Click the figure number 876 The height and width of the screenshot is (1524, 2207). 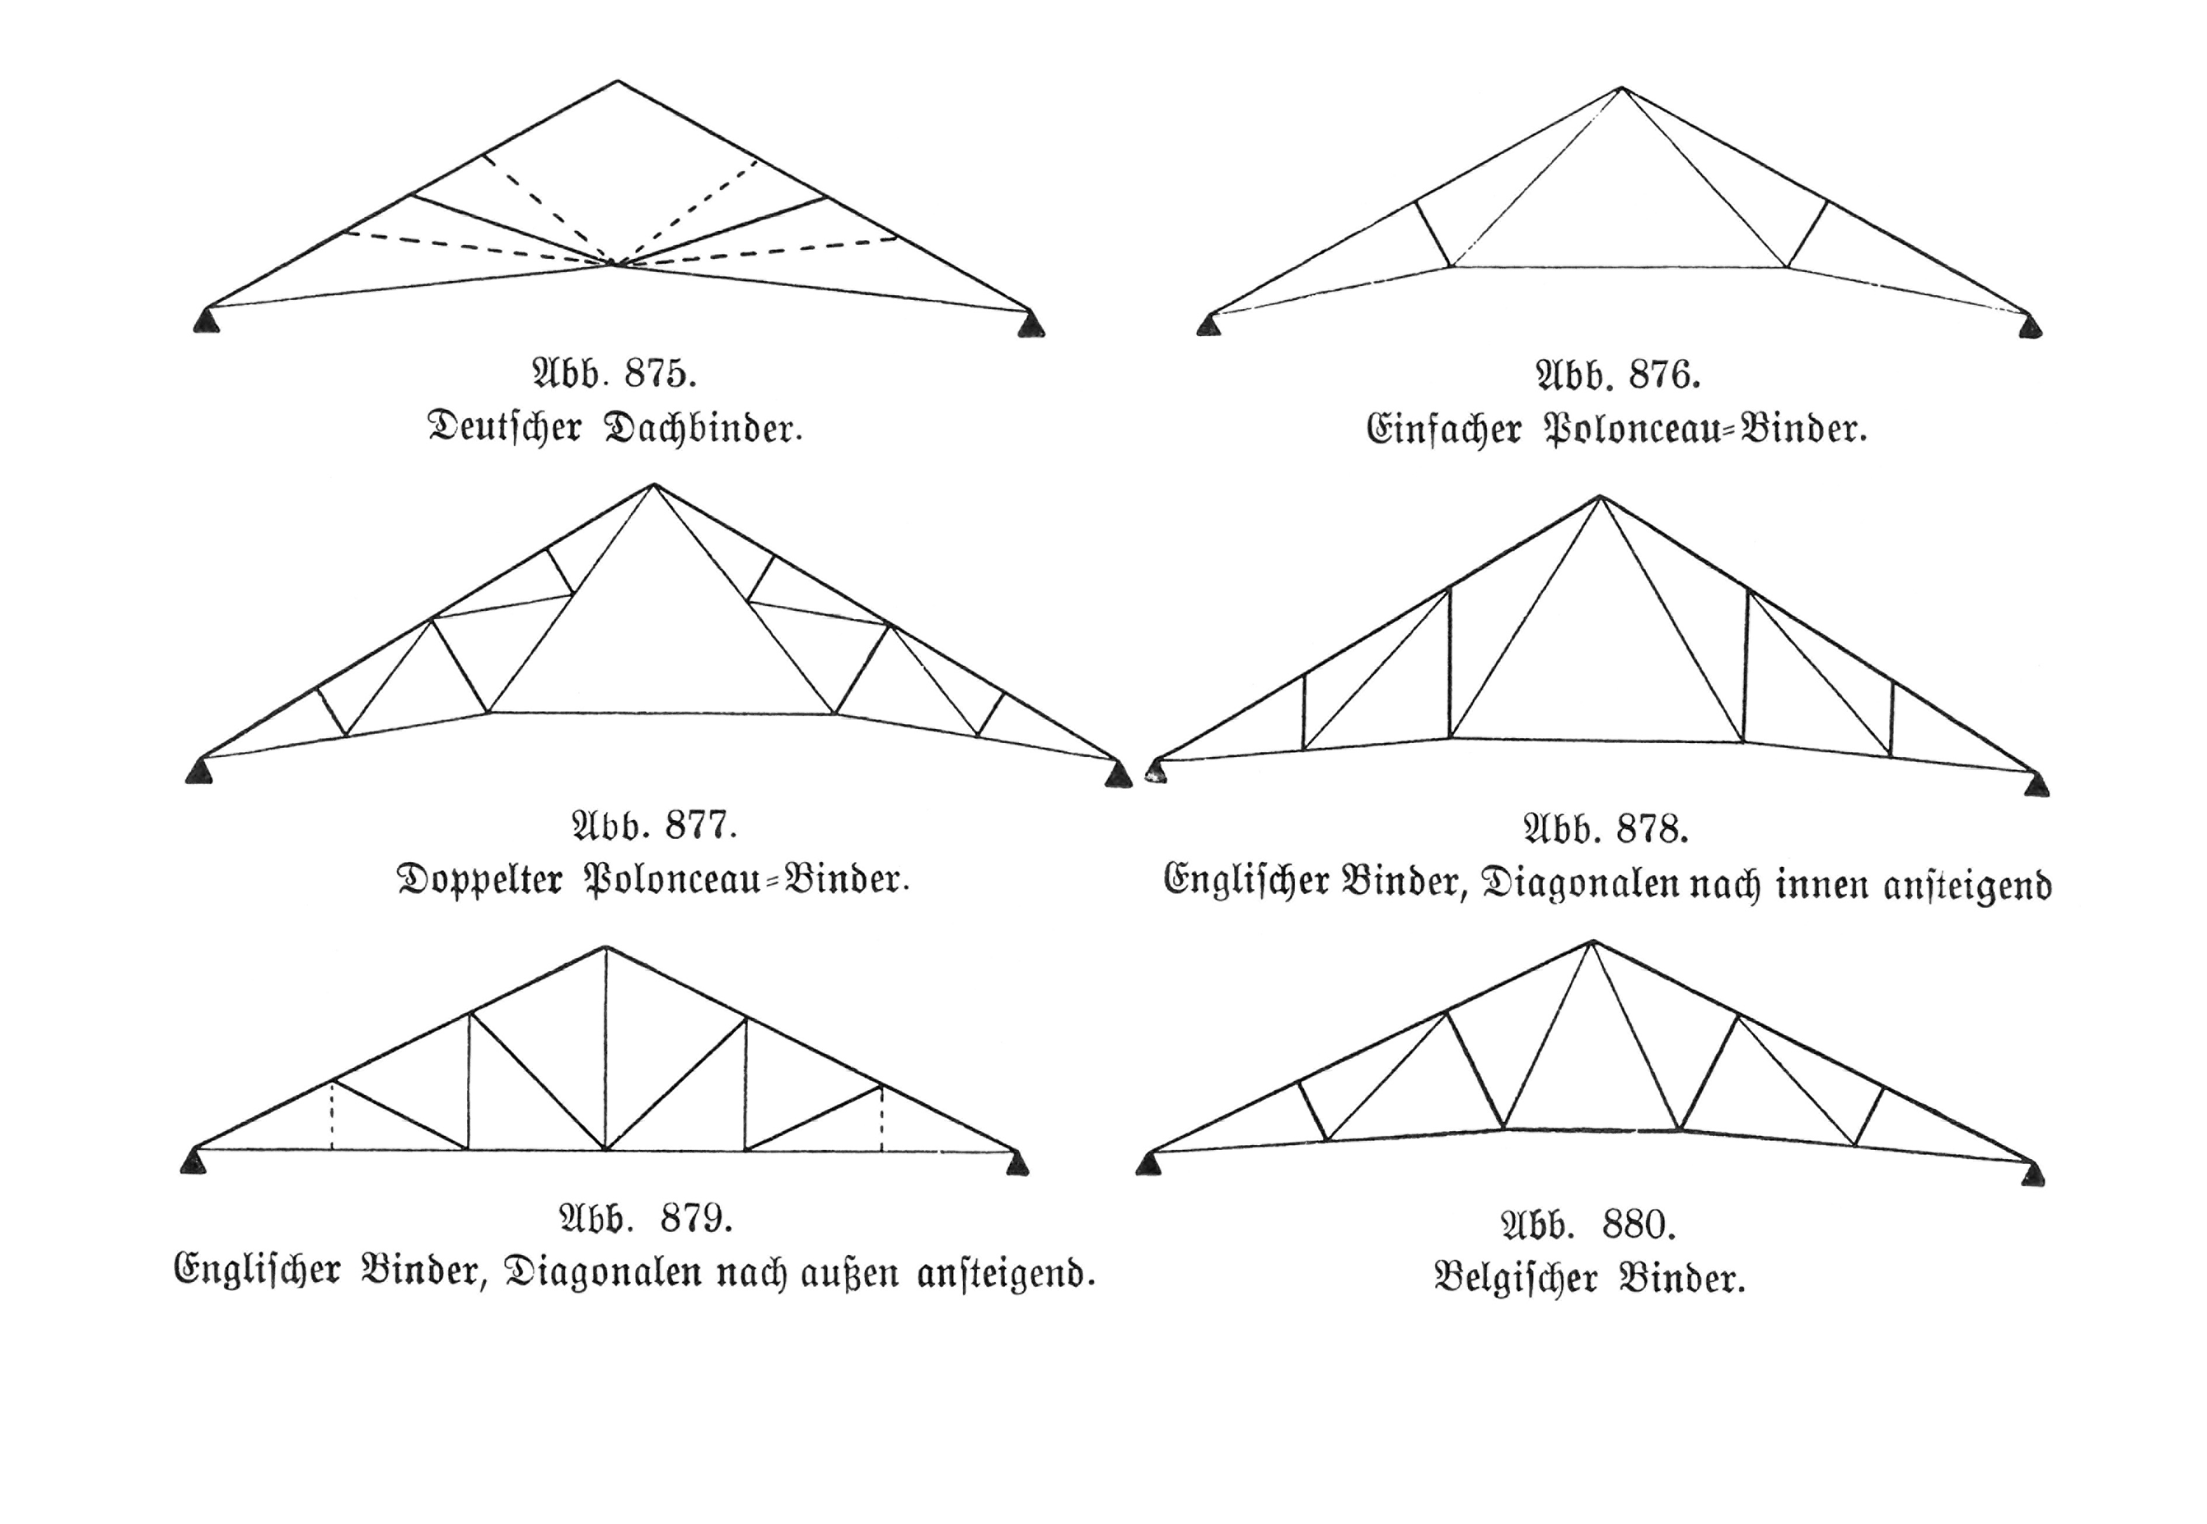(1664, 375)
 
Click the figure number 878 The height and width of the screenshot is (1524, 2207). (1653, 828)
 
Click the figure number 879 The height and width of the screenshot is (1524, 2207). (696, 1218)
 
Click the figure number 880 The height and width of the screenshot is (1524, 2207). (1639, 1223)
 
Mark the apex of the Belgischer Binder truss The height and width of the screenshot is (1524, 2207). (1592, 942)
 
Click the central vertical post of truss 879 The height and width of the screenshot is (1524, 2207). (606, 1048)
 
